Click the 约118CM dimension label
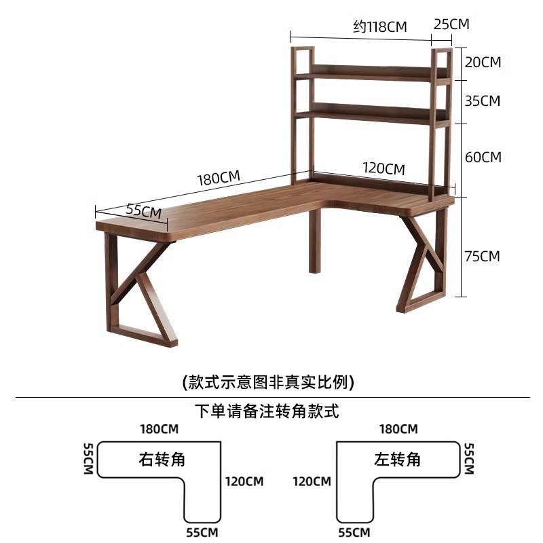pyautogui.click(x=379, y=26)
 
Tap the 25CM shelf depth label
pyautogui.click(x=451, y=24)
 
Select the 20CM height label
pyautogui.click(x=483, y=62)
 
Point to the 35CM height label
pyautogui.click(x=482, y=101)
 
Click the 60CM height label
pyautogui.click(x=483, y=157)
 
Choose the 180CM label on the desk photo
pyautogui.click(x=219, y=179)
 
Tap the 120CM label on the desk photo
pyautogui.click(x=383, y=168)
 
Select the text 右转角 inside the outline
pyautogui.click(x=162, y=460)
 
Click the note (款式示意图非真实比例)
pyautogui.click(x=269, y=382)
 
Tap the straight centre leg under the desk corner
pyautogui.click(x=314, y=241)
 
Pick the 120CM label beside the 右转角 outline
pyautogui.click(x=244, y=482)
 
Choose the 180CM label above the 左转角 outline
pyautogui.click(x=398, y=429)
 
